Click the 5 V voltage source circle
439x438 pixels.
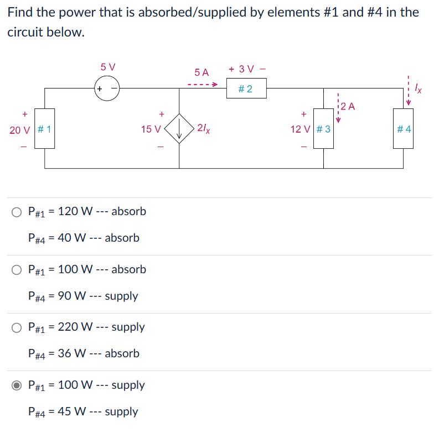click(107, 88)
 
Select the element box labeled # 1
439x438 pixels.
click(45, 129)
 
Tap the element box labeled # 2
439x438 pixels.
click(246, 88)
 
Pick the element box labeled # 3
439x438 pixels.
click(324, 129)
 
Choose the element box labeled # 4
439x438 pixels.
click(404, 129)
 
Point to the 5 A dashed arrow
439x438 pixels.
click(202, 85)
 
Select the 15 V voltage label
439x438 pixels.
click(151, 130)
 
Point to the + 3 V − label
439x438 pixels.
click(247, 69)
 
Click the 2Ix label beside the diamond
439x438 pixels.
click(203, 129)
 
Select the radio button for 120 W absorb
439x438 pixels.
click(17, 212)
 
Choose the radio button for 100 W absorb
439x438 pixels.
click(17, 270)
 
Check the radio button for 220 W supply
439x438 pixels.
click(17, 327)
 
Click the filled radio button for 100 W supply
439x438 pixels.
click(17, 385)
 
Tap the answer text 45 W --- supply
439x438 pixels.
click(83, 411)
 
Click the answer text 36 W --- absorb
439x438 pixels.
click(84, 353)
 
